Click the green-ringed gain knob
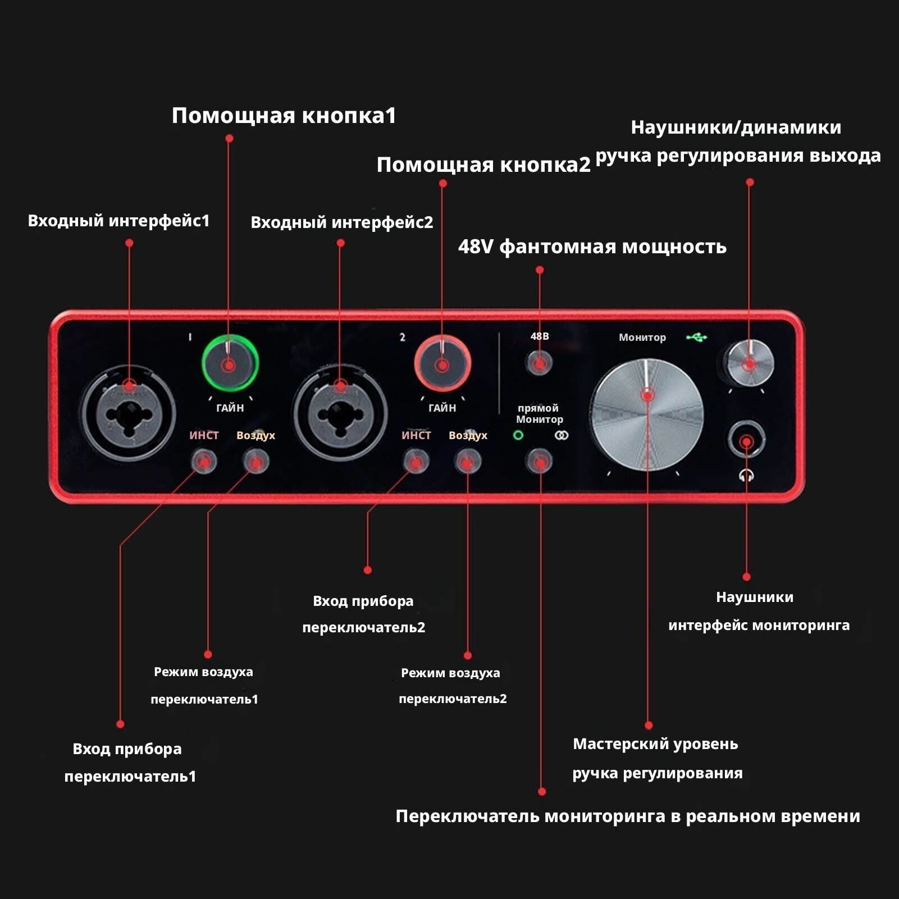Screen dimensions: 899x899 pos(229,363)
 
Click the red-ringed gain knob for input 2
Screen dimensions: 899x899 pos(442,364)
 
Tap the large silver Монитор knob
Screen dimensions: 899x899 pos(647,416)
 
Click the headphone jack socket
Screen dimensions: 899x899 pos(746,441)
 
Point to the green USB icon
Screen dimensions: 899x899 pos(696,337)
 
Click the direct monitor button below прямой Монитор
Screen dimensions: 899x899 pos(539,462)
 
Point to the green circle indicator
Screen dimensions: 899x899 pos(518,435)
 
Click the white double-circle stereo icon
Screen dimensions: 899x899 pos(561,435)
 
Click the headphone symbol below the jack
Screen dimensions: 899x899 pos(746,476)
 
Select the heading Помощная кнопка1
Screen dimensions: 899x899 pos(284,116)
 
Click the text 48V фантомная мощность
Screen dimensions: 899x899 pos(592,247)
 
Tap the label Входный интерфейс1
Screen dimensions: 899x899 pos(118,221)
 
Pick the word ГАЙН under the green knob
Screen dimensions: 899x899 pos(230,408)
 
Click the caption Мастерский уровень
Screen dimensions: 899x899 pos(655,744)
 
